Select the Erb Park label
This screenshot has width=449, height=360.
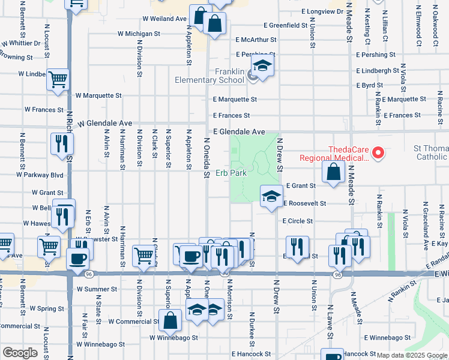(231, 173)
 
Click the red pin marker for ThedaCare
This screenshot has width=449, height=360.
(378, 154)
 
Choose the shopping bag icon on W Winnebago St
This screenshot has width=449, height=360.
(170, 320)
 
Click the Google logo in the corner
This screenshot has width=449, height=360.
(20, 353)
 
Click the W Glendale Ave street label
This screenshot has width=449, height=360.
(104, 122)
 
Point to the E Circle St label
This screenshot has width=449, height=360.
(298, 221)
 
